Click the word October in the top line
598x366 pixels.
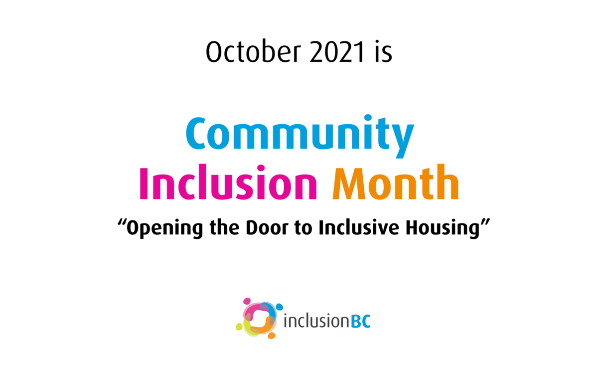point(253,51)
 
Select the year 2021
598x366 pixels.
point(337,52)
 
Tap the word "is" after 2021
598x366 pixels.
point(384,52)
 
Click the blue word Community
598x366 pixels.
point(300,136)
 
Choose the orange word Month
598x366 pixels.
point(396,182)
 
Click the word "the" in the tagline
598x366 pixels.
point(225,227)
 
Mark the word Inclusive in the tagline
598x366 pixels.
point(358,227)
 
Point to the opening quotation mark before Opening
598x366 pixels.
point(122,222)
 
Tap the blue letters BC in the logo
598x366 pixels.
point(361,321)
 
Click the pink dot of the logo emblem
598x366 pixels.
point(247,301)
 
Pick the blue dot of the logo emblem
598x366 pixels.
point(279,307)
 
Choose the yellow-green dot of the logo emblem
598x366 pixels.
point(239,327)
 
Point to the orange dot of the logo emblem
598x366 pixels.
point(272,336)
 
